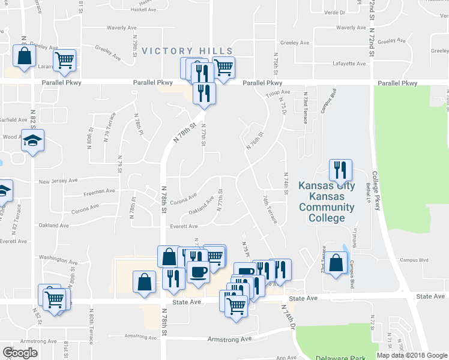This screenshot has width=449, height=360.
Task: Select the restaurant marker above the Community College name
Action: (x=340, y=170)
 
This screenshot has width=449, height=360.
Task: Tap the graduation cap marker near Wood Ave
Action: (x=33, y=141)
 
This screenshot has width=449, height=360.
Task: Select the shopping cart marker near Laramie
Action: (x=64, y=60)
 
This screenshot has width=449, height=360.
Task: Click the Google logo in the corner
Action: (x=20, y=353)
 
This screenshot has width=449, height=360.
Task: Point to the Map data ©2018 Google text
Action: (x=412, y=355)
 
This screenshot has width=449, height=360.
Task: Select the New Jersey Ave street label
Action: (x=58, y=181)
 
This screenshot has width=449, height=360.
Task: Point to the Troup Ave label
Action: (x=278, y=92)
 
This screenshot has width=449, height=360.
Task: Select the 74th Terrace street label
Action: (x=270, y=208)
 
